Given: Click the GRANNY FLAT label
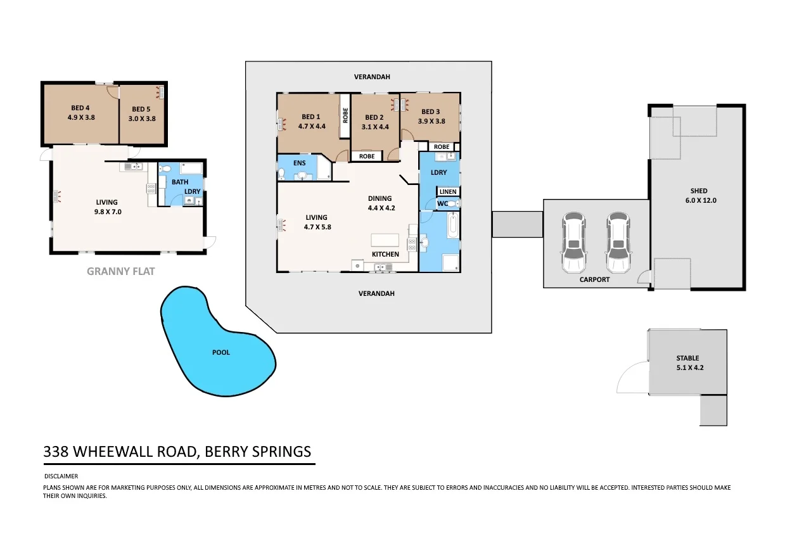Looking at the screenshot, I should pyautogui.click(x=120, y=271).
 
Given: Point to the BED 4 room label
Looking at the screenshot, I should pyautogui.click(x=81, y=113).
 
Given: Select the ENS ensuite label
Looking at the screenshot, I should pyautogui.click(x=300, y=163).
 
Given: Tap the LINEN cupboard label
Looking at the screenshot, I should pyautogui.click(x=447, y=192).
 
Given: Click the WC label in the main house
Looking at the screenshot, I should pyautogui.click(x=443, y=203).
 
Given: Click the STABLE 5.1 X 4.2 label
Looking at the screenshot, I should pyautogui.click(x=687, y=362).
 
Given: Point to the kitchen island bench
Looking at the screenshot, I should pyautogui.click(x=385, y=240).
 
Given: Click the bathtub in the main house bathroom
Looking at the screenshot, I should pyautogui.click(x=452, y=226).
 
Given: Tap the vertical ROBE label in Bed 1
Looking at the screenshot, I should pyautogui.click(x=345, y=115).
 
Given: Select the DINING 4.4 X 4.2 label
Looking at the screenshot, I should pyautogui.click(x=381, y=203).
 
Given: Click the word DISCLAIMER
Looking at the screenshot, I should pyautogui.click(x=61, y=476).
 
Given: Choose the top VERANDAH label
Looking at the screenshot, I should pyautogui.click(x=373, y=77).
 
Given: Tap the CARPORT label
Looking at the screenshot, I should pyautogui.click(x=594, y=279).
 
